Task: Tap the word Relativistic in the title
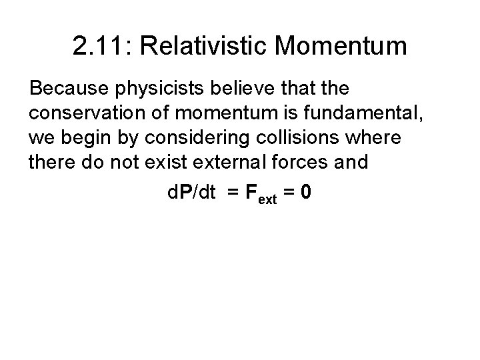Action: point(203,47)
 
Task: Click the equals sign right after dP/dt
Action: point(231,193)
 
